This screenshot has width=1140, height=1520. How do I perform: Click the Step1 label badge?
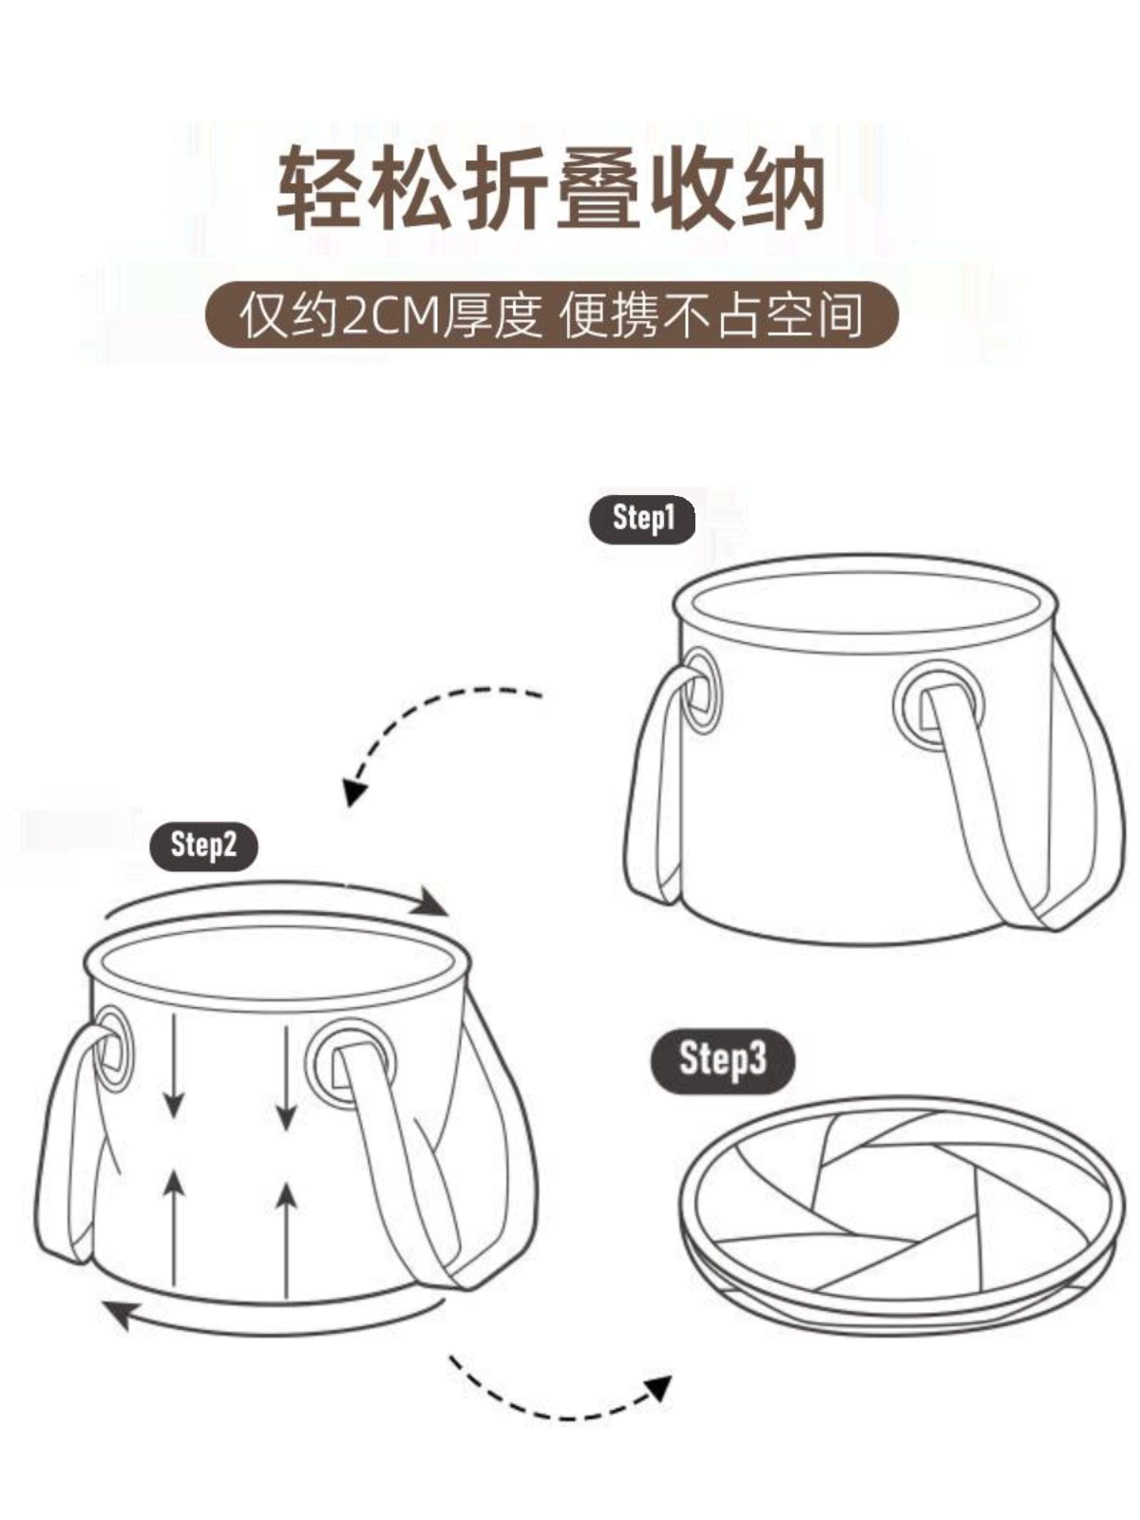641,519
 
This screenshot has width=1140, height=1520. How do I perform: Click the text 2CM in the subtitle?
391,315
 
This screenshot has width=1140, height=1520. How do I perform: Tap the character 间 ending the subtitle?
839,315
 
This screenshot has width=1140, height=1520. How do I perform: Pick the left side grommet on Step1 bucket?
700,690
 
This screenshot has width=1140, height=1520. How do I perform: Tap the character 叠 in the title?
598,188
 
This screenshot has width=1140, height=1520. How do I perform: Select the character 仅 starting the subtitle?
264,315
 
